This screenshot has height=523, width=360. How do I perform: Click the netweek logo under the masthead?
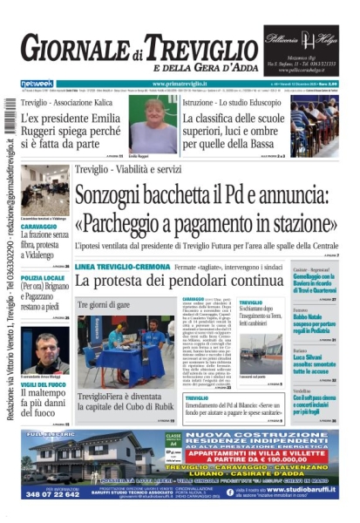[37, 83]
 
